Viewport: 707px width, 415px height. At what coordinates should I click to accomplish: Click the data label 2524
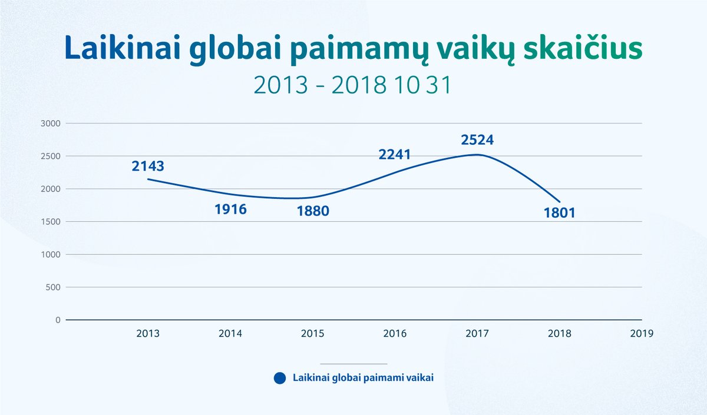pos(477,140)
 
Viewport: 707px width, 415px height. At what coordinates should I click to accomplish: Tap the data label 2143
pos(148,166)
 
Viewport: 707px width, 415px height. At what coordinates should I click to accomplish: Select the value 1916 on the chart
pos(231,210)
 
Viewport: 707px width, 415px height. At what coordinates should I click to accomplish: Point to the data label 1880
pos(313,211)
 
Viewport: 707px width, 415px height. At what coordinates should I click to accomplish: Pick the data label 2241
pos(395,154)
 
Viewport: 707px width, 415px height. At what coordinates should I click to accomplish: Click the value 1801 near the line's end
pos(560,213)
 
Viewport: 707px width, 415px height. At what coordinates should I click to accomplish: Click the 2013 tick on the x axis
pos(148,333)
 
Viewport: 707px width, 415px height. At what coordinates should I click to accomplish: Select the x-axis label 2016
pos(395,333)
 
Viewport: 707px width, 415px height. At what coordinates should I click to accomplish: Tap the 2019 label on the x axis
pos(642,333)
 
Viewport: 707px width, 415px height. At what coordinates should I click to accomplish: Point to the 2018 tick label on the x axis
pos(560,333)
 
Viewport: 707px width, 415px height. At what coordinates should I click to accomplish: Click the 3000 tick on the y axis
pos(51,124)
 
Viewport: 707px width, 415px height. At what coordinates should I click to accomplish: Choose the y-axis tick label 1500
pos(51,222)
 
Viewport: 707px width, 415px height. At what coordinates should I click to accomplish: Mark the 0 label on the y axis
pos(58,320)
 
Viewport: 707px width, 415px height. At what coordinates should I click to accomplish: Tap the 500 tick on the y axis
pos(53,287)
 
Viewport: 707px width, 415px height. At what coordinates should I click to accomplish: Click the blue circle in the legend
pos(280,378)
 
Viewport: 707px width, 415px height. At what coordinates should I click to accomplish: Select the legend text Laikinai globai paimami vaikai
pos(364,378)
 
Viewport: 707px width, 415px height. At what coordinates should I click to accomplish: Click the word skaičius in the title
pos(583,48)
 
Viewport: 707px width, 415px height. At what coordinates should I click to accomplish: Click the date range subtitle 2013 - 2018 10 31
pos(352,85)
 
